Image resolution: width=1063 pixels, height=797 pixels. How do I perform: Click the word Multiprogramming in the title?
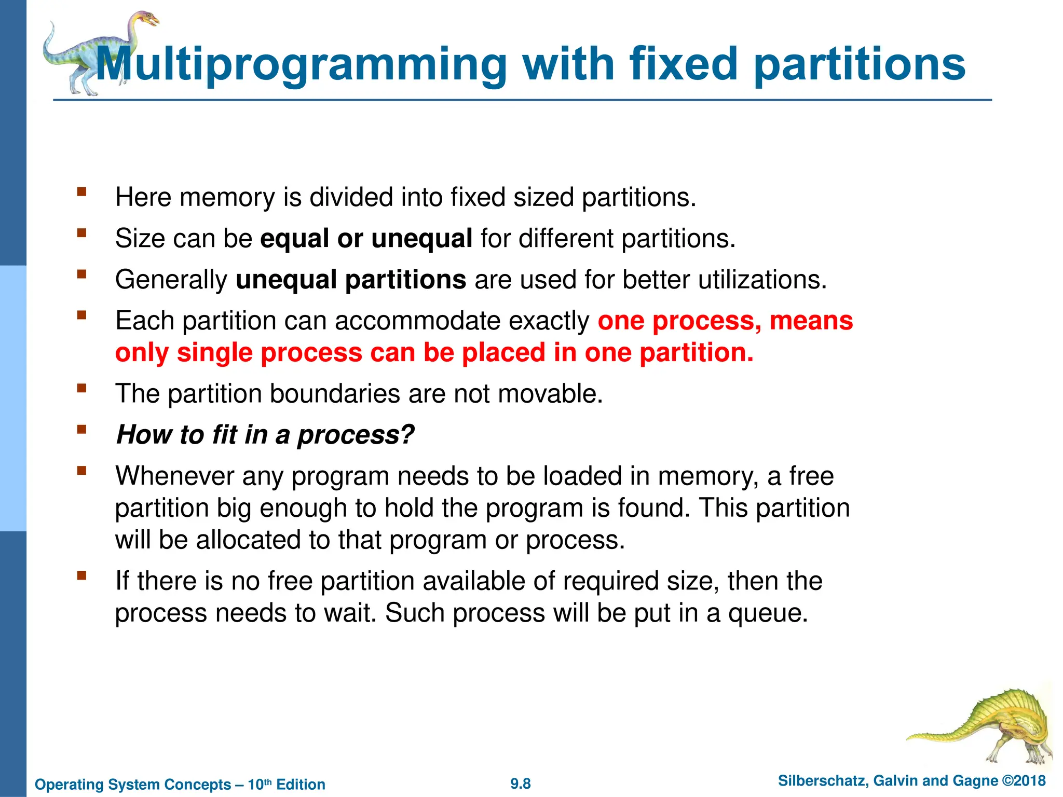[301, 65]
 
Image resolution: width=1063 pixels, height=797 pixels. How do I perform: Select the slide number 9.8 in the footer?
[521, 784]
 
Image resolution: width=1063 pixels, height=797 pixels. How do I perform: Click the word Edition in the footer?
[301, 785]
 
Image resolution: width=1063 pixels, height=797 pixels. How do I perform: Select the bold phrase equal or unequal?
[366, 239]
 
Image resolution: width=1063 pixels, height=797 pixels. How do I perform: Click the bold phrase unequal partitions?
[351, 280]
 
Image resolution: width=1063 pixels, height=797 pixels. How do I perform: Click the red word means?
[811, 321]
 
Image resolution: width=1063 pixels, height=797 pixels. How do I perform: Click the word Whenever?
[174, 476]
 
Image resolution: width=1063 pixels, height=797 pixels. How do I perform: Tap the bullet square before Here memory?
[81, 192]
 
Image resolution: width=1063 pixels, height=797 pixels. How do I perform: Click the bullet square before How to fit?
[81, 429]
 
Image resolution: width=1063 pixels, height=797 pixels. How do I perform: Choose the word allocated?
[248, 540]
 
